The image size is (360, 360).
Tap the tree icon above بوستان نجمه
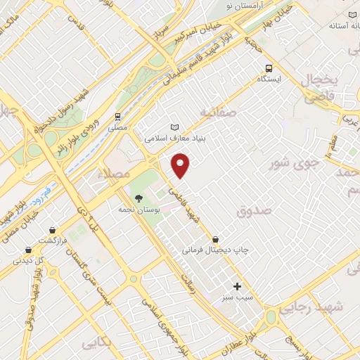point(138,198)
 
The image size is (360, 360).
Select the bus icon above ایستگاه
point(268,68)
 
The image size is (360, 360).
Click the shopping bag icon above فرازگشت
point(53,230)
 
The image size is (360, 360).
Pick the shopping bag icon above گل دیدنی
point(28,250)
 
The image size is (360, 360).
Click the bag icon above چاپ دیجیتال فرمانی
point(224,240)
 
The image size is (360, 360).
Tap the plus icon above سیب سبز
point(237,286)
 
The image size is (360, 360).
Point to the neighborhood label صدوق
point(255,210)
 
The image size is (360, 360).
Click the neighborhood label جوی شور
point(295,163)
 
